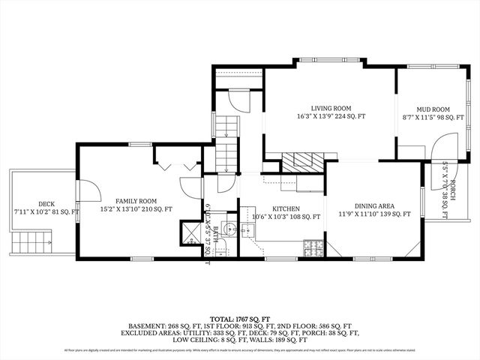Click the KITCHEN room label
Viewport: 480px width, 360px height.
(x=286, y=208)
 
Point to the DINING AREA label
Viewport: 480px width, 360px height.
(x=373, y=205)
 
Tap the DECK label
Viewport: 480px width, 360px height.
(x=46, y=203)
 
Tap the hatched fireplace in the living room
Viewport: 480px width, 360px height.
(x=305, y=160)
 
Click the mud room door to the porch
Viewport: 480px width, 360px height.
(x=442, y=147)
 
